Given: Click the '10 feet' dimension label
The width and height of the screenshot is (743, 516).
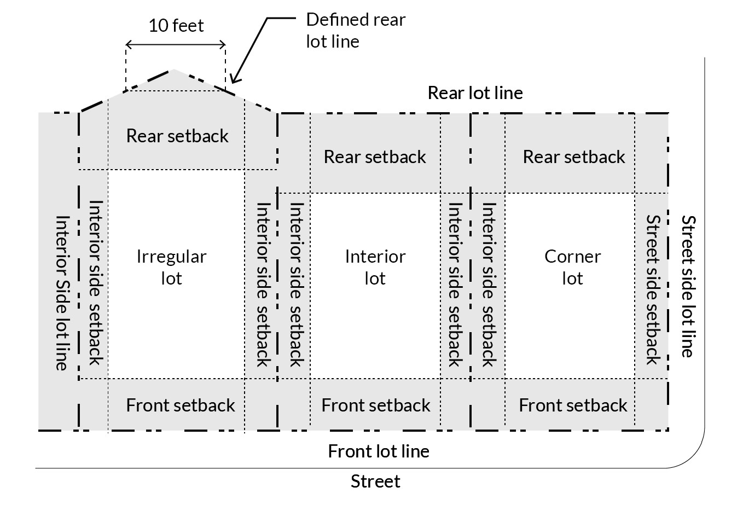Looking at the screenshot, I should tap(176, 26).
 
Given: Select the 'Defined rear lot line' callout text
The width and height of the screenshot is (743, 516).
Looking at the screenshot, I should tap(355, 31).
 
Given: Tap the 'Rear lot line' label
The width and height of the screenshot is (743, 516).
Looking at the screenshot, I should tap(475, 93).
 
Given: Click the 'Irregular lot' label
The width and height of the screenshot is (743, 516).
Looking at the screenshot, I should tap(171, 268).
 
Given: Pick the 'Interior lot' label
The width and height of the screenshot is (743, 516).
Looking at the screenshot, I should tap(375, 268).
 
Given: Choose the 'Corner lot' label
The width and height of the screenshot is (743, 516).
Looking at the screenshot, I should tap(572, 268).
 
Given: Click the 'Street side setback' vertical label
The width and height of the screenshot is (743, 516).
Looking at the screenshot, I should tap(653, 289).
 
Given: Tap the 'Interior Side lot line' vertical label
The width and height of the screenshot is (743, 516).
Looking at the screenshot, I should tap(62, 293).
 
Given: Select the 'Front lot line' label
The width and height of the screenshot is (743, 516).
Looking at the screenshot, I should tap(379, 451).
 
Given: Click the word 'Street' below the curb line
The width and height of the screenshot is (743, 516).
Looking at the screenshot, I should tap(375, 482).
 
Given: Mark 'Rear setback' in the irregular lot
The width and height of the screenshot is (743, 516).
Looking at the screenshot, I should tap(177, 136).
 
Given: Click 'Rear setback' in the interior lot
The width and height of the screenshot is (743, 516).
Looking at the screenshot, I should tap(375, 157).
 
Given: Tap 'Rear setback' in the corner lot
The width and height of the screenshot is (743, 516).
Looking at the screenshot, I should tap(573, 157).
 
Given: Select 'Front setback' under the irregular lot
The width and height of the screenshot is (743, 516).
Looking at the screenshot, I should tap(180, 405).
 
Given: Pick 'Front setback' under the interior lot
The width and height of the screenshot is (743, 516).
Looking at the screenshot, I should tap(376, 405).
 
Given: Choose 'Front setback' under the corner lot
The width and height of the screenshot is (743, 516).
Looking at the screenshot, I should tap(573, 405).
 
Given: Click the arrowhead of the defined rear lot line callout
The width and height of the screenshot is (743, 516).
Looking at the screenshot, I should tap(233, 80).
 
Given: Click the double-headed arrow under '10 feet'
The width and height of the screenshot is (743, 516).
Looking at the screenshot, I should tap(176, 44).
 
